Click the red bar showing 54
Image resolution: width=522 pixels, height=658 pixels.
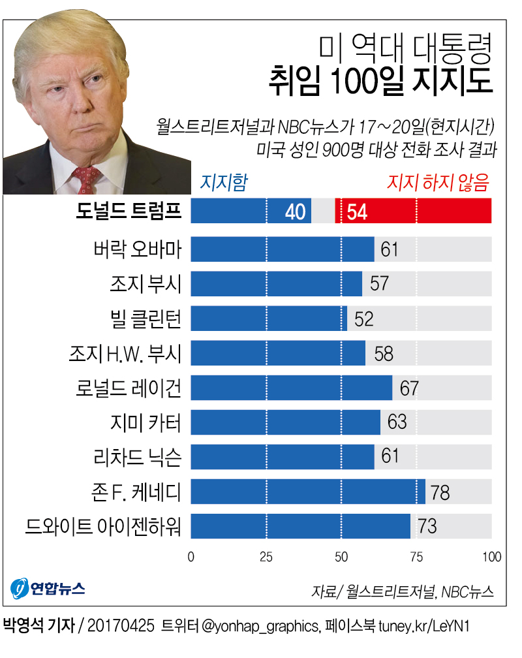point(413,211)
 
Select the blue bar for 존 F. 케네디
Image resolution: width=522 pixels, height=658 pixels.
point(307,492)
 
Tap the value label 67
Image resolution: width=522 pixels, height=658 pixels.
point(409,388)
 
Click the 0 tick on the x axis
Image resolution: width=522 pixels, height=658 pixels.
point(191,557)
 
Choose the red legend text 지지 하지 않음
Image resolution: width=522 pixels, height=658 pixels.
point(438,183)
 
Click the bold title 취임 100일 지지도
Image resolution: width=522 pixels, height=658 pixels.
point(380,84)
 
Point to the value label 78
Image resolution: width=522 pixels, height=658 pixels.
point(440,492)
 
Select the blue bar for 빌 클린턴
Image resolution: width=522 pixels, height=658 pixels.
point(268,319)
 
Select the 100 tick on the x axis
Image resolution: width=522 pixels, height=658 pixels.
point(491,557)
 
